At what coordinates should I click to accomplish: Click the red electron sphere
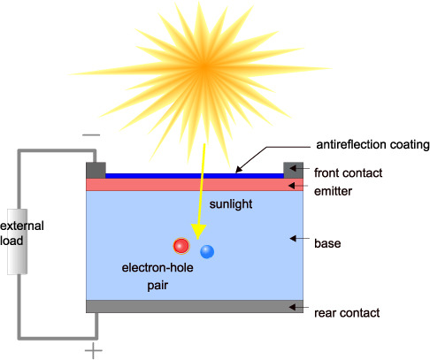coord(182,245)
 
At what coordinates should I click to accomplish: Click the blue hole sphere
coord(207,251)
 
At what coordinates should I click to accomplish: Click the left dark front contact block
coord(96,170)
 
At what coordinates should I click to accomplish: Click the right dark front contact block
coord(294,170)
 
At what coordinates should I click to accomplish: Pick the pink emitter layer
coord(195,185)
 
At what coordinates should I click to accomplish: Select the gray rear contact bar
coord(195,306)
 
